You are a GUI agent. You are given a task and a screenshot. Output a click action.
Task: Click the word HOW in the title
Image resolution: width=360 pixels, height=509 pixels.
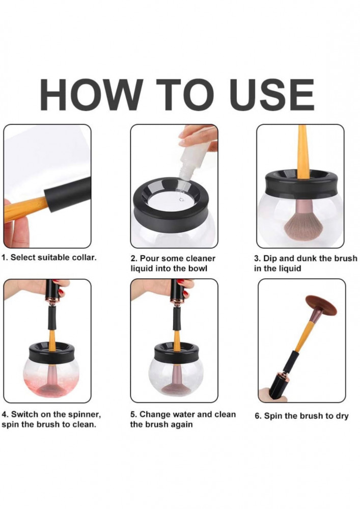pyautogui.click(x=92, y=94)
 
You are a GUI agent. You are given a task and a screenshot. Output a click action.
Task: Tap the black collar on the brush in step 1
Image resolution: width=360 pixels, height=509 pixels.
pyautogui.click(x=68, y=194)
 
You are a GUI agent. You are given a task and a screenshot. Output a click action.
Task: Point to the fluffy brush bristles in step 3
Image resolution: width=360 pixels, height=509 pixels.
pyautogui.click(x=301, y=227)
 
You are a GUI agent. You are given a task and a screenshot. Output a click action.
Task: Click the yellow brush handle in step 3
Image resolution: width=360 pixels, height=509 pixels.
pyautogui.click(x=302, y=152)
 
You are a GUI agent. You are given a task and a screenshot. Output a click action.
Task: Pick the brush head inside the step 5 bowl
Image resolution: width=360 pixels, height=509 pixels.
pyautogui.click(x=174, y=386)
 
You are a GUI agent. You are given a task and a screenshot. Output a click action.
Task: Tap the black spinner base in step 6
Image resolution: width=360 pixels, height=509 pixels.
pyautogui.click(x=279, y=386)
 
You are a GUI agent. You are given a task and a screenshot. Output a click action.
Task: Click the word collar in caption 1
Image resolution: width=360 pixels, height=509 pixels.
pyautogui.click(x=84, y=257)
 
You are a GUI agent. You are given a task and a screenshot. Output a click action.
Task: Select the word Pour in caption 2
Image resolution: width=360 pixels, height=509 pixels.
pyautogui.click(x=150, y=258)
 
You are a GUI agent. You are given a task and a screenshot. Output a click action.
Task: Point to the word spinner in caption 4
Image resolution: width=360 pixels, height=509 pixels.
pyautogui.click(x=85, y=415)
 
